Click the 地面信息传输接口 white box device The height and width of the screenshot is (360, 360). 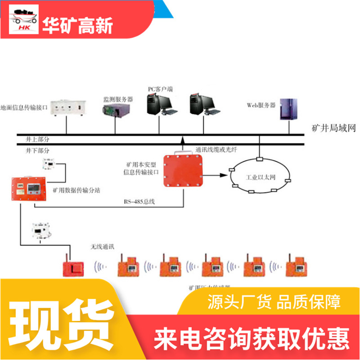pyautogui.click(x=66, y=107)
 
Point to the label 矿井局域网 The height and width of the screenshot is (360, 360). pyautogui.click(x=333, y=129)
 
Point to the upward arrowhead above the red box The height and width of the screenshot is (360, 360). pyautogui.click(x=183, y=140)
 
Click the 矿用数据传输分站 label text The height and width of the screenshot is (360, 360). pyautogui.click(x=76, y=190)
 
